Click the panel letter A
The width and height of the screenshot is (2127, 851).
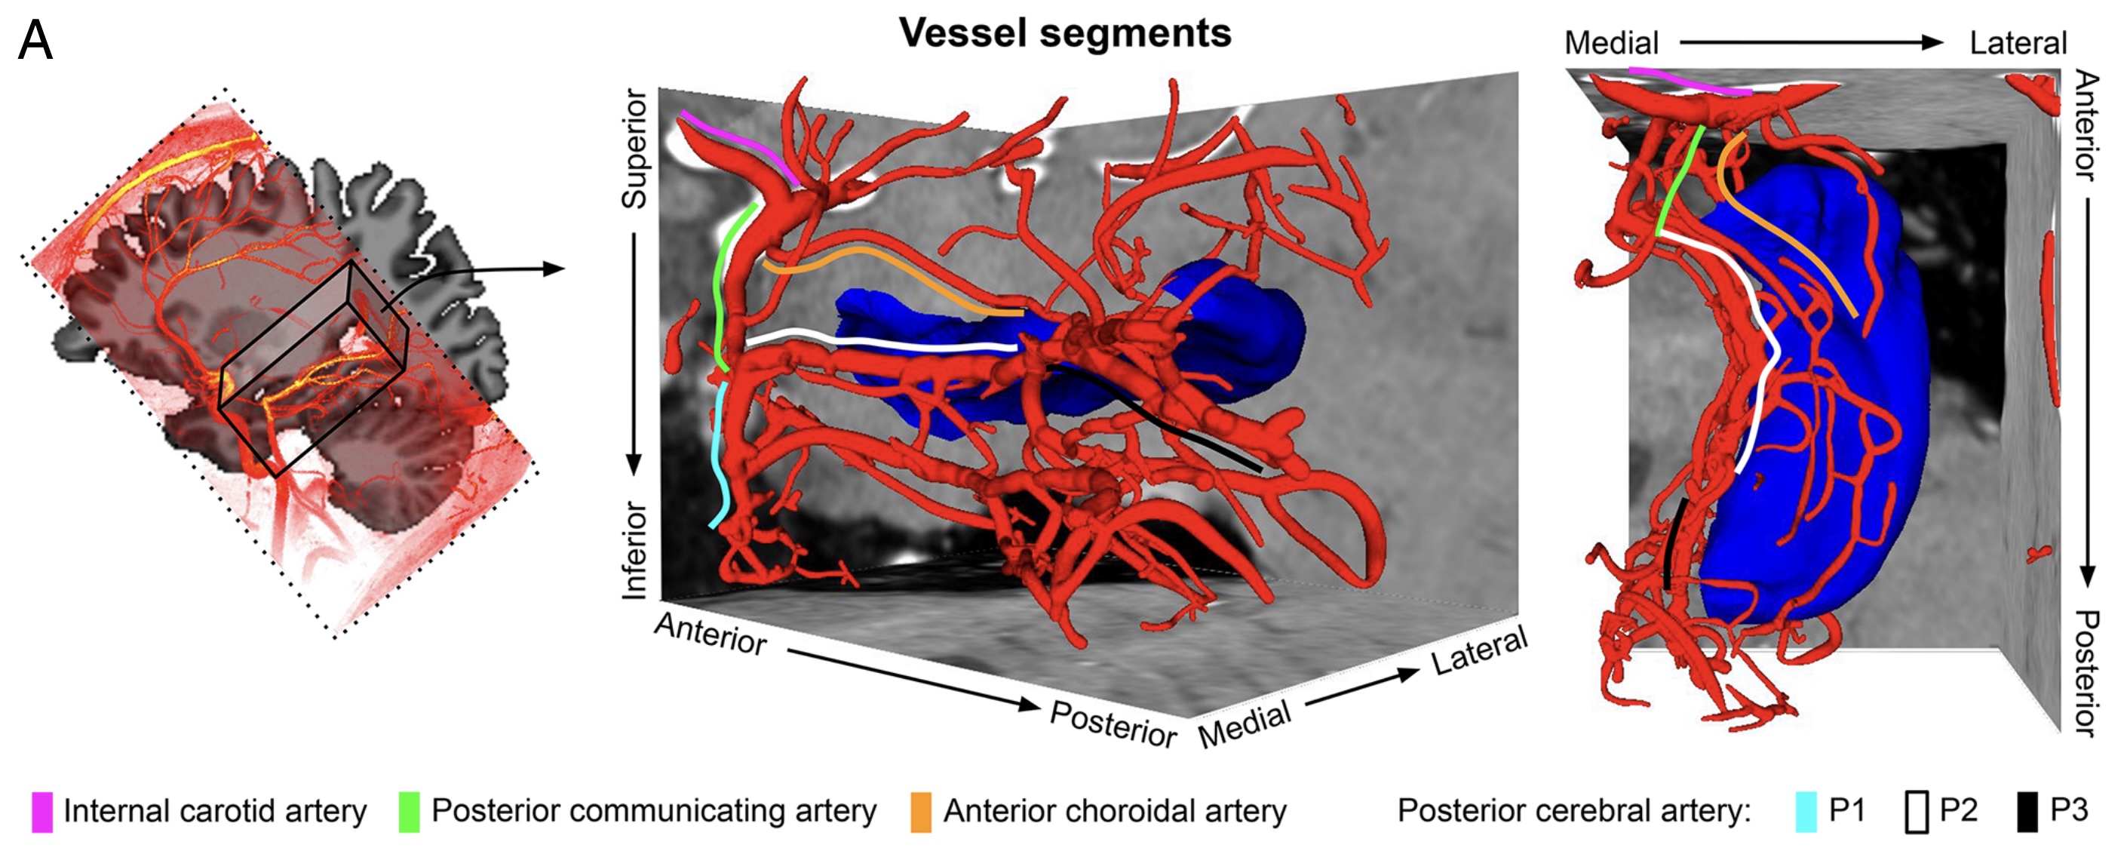click(x=35, y=41)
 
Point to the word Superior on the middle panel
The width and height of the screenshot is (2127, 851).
click(x=635, y=149)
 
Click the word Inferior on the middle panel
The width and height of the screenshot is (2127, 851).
click(x=635, y=549)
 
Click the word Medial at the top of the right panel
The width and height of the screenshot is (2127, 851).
click(x=1611, y=43)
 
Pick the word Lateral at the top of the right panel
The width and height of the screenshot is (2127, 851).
click(x=2018, y=43)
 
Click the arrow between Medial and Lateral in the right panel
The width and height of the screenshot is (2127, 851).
click(x=1812, y=42)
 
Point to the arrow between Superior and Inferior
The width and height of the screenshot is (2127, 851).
click(x=634, y=355)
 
